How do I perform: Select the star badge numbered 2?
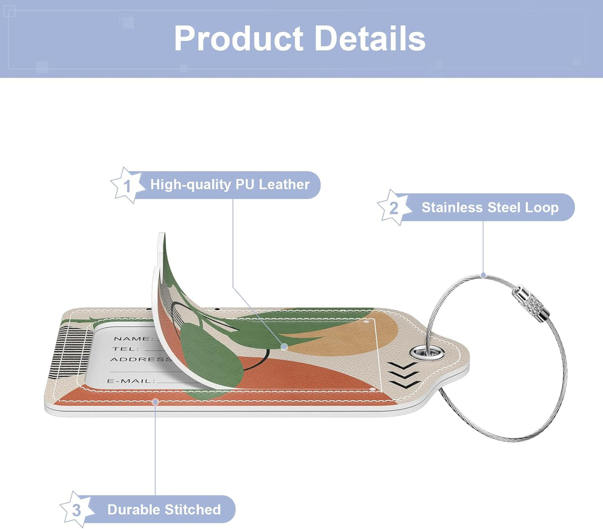click(394, 207)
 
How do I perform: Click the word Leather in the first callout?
click(284, 184)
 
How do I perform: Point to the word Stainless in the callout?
click(452, 207)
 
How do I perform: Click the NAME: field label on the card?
click(134, 338)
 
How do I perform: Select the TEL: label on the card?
click(126, 348)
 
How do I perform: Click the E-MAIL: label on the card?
click(131, 381)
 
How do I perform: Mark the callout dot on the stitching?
click(155, 402)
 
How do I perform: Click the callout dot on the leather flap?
click(284, 346)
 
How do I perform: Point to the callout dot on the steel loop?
click(483, 275)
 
